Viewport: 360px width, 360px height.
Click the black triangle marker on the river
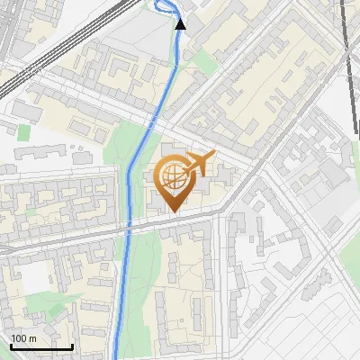click(x=180, y=24)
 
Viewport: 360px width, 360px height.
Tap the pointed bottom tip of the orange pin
click(x=171, y=212)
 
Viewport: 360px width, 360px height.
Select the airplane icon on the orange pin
click(x=197, y=164)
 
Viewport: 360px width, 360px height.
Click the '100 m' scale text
click(x=23, y=338)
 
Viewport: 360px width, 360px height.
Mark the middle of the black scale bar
click(x=41, y=346)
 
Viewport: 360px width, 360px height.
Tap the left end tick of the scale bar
click(x=11, y=345)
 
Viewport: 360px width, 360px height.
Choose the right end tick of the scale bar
click(x=72, y=345)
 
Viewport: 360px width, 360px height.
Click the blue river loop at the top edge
click(x=164, y=7)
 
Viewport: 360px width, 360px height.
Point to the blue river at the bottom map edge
click(x=117, y=355)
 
